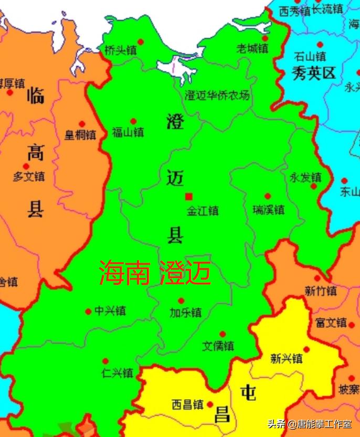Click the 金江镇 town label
(203, 211)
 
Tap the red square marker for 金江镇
(188, 197)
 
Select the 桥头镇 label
(120, 50)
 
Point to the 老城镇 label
(252, 48)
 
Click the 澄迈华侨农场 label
(217, 95)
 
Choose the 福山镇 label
(128, 132)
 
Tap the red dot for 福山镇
(133, 121)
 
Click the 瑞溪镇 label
(268, 210)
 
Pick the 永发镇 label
(305, 177)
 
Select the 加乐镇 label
(185, 312)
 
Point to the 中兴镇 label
(110, 311)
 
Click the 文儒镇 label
(218, 346)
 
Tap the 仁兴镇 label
(118, 373)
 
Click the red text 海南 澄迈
(155, 273)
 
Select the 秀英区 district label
(313, 72)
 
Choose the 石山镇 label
(310, 56)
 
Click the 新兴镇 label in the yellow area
(287, 359)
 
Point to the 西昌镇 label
(187, 405)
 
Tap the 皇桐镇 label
(80, 135)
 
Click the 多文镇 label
(29, 176)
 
